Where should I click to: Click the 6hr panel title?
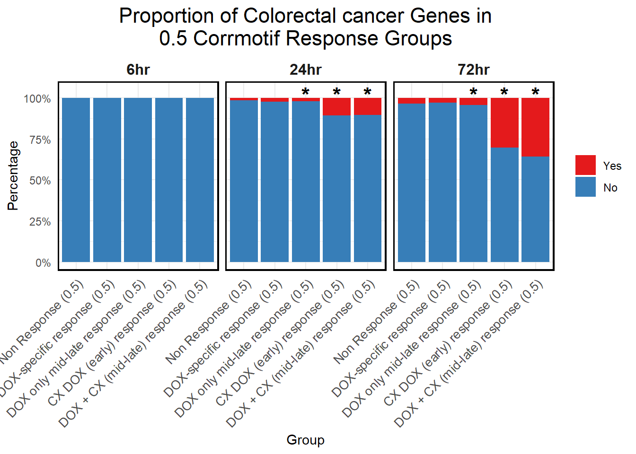click(138, 70)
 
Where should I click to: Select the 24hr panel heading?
click(305, 70)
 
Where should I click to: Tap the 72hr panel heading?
click(473, 70)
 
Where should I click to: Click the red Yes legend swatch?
click(585, 165)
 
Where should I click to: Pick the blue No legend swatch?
click(585, 187)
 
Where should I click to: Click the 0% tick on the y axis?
click(43, 263)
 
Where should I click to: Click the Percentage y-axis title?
click(13, 175)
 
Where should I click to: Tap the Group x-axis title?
click(305, 440)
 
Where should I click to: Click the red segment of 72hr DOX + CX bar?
click(535, 127)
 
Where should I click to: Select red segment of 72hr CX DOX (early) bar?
click(504, 122)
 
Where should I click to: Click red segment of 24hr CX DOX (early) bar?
click(336, 106)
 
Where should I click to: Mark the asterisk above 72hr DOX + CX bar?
click(535, 92)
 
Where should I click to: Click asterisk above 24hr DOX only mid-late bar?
click(305, 92)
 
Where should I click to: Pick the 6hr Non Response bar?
click(76, 180)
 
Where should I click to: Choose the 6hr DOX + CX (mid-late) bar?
click(200, 180)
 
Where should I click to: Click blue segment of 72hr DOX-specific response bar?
click(442, 182)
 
